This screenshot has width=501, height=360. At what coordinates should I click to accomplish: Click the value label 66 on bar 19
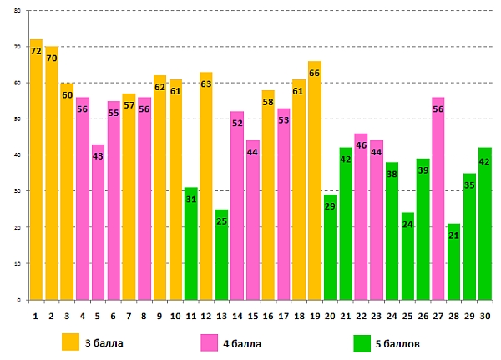click(314, 74)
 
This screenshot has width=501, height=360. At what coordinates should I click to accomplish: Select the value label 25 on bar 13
click(221, 221)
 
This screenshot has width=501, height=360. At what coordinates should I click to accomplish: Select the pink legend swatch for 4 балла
click(210, 342)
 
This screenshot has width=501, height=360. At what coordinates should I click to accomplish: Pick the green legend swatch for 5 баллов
click(362, 342)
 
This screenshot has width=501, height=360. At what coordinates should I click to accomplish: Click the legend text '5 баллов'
click(403, 342)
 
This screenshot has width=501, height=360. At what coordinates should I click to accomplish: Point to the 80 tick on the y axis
click(18, 12)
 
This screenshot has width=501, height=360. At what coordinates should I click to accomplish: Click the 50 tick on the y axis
click(18, 119)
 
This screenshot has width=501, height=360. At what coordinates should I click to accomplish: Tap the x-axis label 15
click(252, 316)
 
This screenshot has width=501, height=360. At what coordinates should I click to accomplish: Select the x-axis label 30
click(484, 316)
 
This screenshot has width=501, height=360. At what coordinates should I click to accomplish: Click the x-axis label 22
click(361, 316)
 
